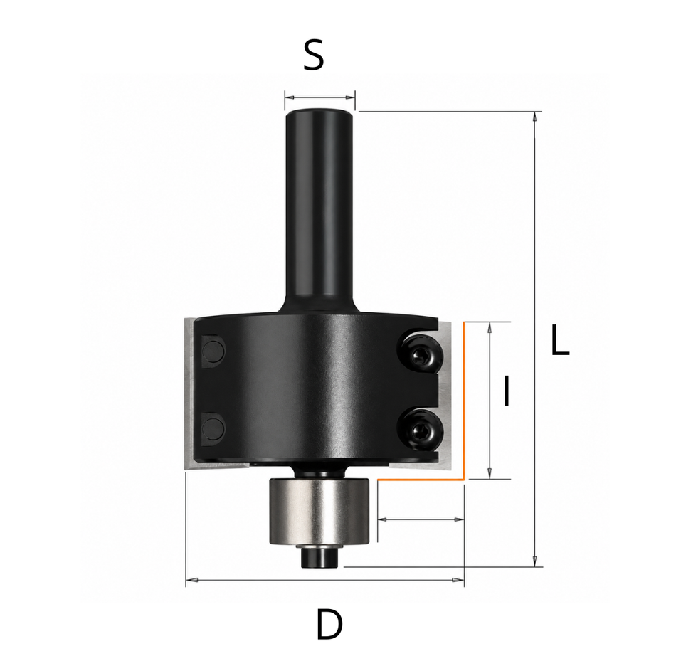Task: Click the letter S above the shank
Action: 313,56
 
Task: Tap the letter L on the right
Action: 560,340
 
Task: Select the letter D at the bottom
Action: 329,624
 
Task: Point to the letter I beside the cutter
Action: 507,391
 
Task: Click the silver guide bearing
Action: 319,512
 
